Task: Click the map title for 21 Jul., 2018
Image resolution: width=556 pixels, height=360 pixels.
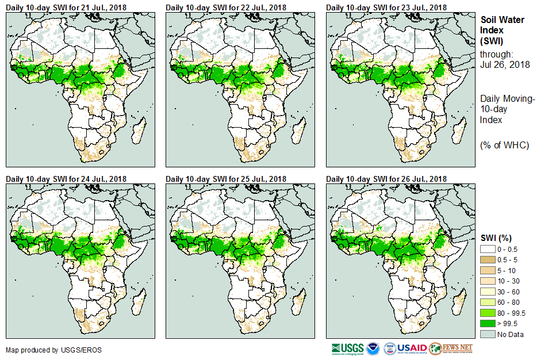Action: pos(66,7)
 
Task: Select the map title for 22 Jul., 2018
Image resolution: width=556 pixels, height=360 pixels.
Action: pos(226,7)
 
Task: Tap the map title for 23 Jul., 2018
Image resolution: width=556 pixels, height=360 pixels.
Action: pos(386,7)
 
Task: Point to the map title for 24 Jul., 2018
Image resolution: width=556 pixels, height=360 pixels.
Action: pos(66,179)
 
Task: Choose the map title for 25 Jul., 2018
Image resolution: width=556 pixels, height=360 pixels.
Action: pos(226,179)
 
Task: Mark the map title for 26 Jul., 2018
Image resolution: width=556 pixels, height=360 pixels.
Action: pos(386,179)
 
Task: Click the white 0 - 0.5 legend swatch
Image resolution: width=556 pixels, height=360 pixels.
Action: pos(488,248)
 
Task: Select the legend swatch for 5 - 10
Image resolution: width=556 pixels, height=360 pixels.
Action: pos(488,270)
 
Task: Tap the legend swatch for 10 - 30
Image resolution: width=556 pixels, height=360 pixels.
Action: pos(488,281)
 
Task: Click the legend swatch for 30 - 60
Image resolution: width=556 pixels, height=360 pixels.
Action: pos(488,292)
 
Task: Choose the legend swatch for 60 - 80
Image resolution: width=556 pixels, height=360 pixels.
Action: pos(488,302)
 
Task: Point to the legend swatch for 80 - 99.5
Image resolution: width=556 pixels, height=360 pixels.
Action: pos(488,313)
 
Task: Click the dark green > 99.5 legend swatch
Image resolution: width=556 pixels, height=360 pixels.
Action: pos(488,324)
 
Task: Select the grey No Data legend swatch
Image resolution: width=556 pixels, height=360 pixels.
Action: pos(488,335)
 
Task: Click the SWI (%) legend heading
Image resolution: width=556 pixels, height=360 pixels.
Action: pos(496,238)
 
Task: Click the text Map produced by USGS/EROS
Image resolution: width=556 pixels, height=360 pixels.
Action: pos(54,350)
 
